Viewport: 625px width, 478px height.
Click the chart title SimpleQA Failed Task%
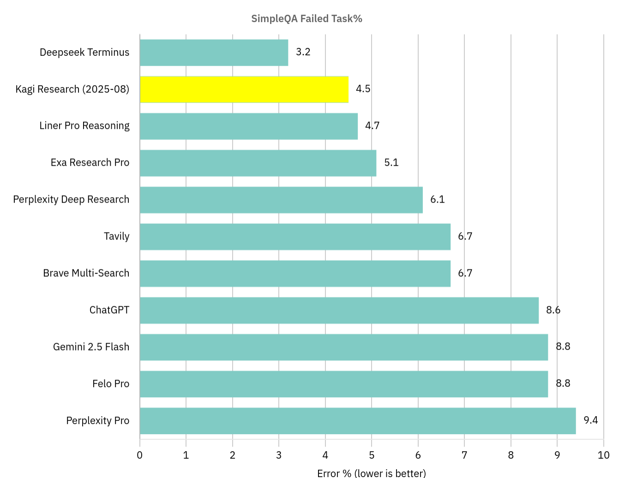coord(306,18)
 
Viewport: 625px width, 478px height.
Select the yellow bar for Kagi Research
coord(244,89)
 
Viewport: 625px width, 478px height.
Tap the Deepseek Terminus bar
coord(214,53)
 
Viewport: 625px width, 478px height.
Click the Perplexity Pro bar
coord(358,421)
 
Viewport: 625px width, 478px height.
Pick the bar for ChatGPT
coord(339,310)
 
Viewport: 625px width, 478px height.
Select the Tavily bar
coord(295,237)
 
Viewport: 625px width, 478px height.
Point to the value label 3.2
coord(303,52)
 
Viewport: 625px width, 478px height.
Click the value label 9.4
coord(590,420)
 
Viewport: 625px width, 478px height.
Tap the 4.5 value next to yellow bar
coord(363,89)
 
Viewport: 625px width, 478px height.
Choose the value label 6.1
coord(437,199)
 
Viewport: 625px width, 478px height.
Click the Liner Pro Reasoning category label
coord(84,126)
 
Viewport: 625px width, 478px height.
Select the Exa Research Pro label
coord(90,163)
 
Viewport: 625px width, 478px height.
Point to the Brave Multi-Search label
coord(86,273)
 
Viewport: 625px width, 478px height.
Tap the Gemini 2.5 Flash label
coord(91,347)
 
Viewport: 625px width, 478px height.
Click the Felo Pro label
coord(111,384)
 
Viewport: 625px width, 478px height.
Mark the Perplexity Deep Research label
coord(71,199)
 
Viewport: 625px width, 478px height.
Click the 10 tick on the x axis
coord(603,455)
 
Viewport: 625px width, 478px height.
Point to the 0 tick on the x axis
coord(140,455)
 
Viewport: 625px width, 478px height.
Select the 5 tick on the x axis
coord(372,455)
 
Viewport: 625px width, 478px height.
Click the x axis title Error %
coord(371,473)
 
